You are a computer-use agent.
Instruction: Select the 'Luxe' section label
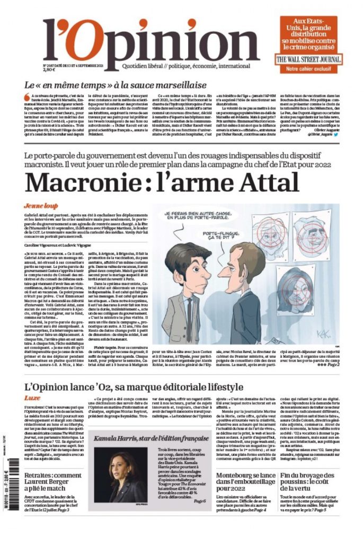pyautogui.click(x=32, y=397)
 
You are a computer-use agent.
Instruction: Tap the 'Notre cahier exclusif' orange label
pyautogui.click(x=309, y=69)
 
